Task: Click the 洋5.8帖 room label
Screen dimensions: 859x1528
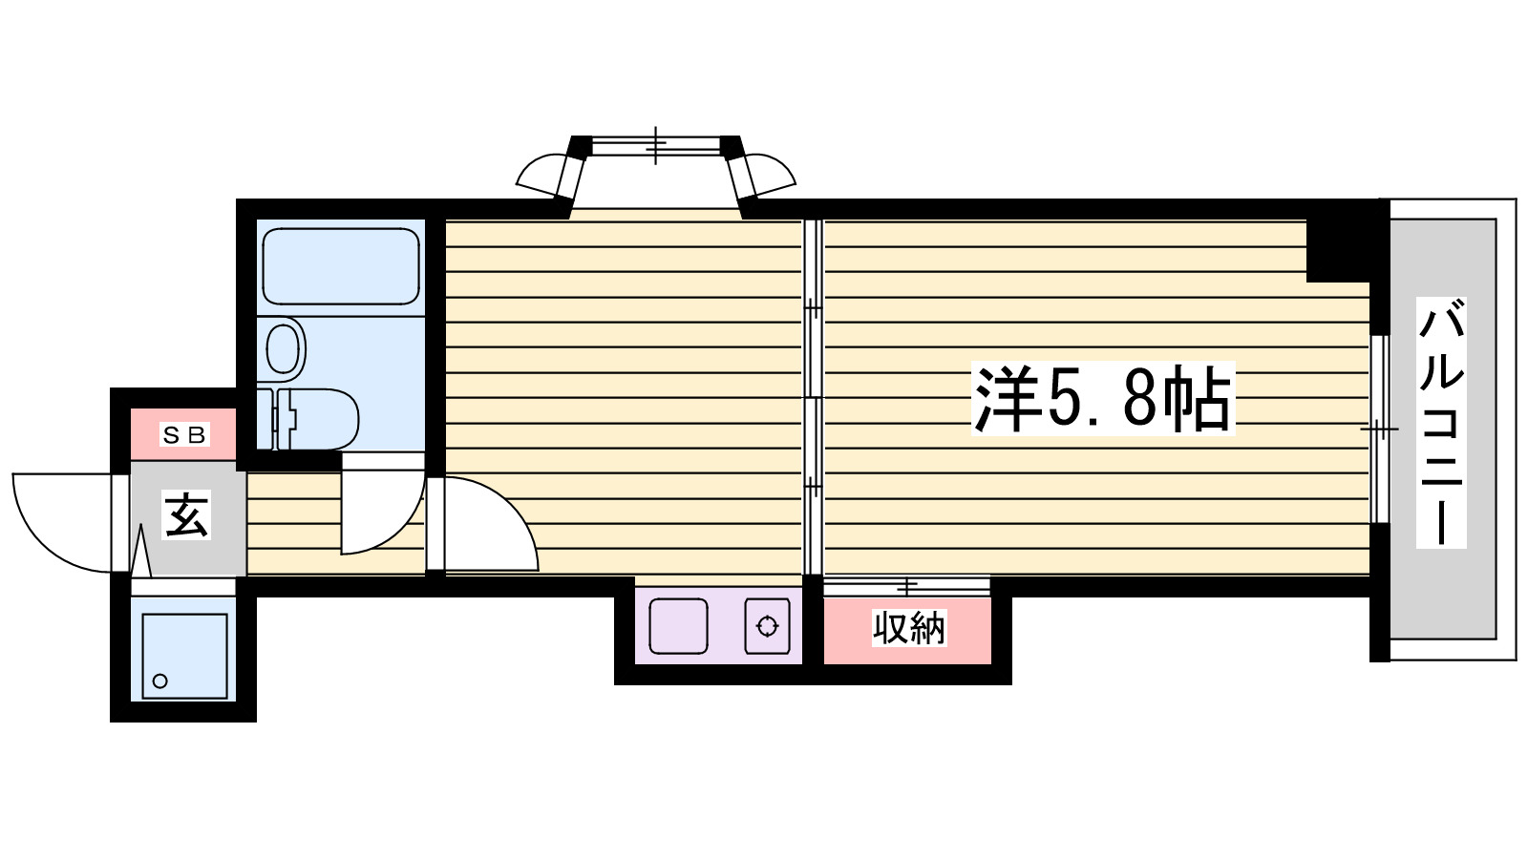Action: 1103,399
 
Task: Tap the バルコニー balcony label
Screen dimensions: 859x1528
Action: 1440,425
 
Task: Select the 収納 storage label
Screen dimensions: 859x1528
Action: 908,628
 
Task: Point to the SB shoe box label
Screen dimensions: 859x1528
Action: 184,435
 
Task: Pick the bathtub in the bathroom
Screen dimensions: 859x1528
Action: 340,266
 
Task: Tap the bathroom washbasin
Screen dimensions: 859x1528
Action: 284,347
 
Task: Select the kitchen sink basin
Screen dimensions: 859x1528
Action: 678,626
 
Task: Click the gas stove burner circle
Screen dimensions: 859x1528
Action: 768,626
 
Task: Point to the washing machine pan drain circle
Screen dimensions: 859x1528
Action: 160,681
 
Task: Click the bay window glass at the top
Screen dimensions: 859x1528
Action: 655,146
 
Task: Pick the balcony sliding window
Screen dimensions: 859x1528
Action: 1378,429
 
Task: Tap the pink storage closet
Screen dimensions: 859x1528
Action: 907,630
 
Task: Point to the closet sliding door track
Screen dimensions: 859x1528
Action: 907,584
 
